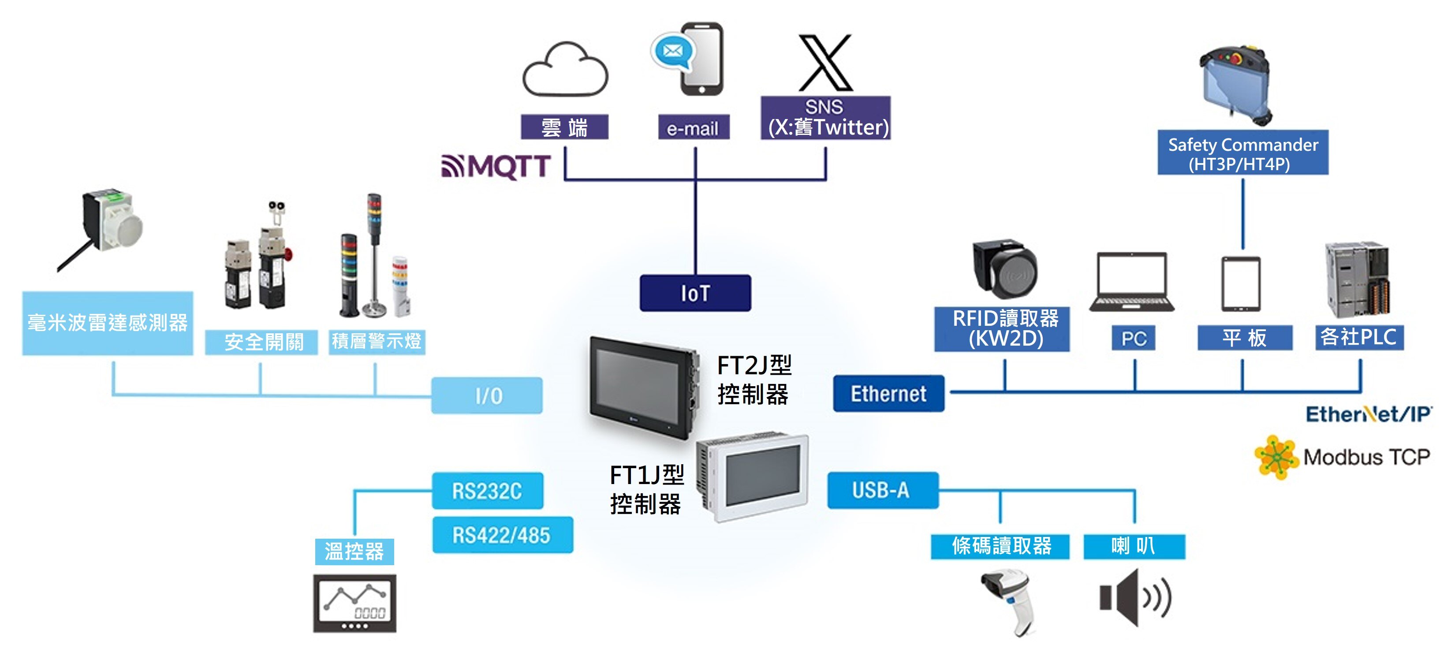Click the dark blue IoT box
[695, 293]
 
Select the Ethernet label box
[888, 394]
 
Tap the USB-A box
[882, 490]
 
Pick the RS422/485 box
[502, 535]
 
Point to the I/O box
[487, 395]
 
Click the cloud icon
[565, 71]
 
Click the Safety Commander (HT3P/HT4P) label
[1242, 153]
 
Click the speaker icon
[1134, 597]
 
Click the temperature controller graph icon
[355, 603]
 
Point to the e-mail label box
[693, 128]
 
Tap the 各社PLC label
[1358, 337]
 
